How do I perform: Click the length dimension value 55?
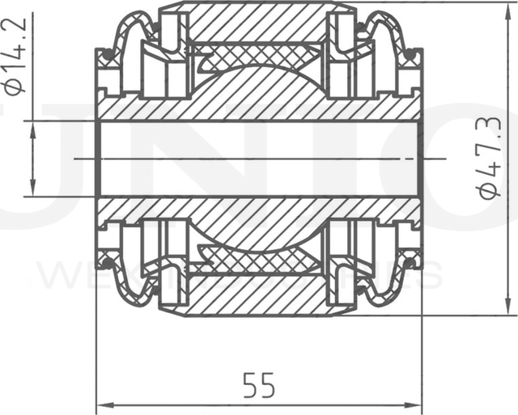click(x=259, y=385)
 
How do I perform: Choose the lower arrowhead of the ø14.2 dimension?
click(x=32, y=189)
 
